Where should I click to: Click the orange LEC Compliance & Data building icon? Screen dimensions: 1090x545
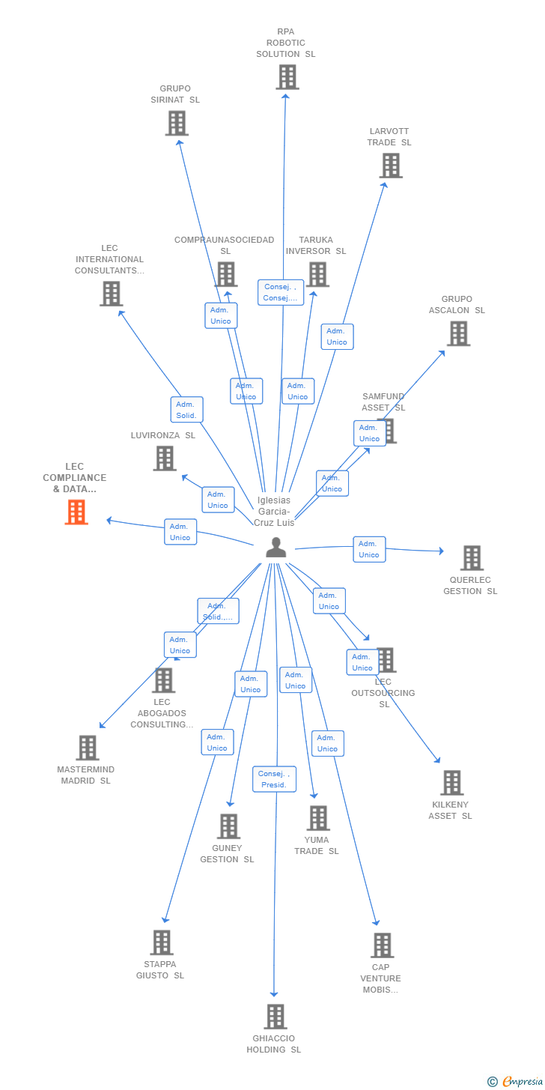pos(76,512)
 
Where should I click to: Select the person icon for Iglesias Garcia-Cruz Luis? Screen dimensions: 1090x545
pos(276,548)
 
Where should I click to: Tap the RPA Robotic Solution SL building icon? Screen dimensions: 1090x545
pos(287,77)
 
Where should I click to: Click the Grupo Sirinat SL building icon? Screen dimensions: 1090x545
pos(177,123)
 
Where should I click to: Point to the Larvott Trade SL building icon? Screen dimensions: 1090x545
pos(391,166)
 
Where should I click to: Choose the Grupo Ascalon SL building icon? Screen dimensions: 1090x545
pos(458,333)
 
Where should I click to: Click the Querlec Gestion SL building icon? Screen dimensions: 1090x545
pos(472,558)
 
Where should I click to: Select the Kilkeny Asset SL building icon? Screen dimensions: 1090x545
pos(451,783)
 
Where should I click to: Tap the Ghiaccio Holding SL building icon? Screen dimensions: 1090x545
pos(275,1017)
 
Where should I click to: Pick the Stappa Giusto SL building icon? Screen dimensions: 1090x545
pos(162,942)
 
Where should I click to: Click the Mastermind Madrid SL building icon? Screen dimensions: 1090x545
pos(88,748)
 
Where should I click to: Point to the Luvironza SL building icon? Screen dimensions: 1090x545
pos(165,458)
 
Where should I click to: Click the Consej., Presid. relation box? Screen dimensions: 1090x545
pos(274,779)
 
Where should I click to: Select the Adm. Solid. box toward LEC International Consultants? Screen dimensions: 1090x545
pos(186,410)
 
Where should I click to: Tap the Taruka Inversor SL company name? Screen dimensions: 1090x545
pos(316,246)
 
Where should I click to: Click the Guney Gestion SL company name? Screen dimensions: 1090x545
pos(227,854)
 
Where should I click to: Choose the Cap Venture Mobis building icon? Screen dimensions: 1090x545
pos(382,945)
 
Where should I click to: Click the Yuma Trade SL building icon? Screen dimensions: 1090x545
pos(318,818)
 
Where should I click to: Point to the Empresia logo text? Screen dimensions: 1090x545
pos(522,1081)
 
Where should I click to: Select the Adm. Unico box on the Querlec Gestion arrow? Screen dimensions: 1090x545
pos(369,549)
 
